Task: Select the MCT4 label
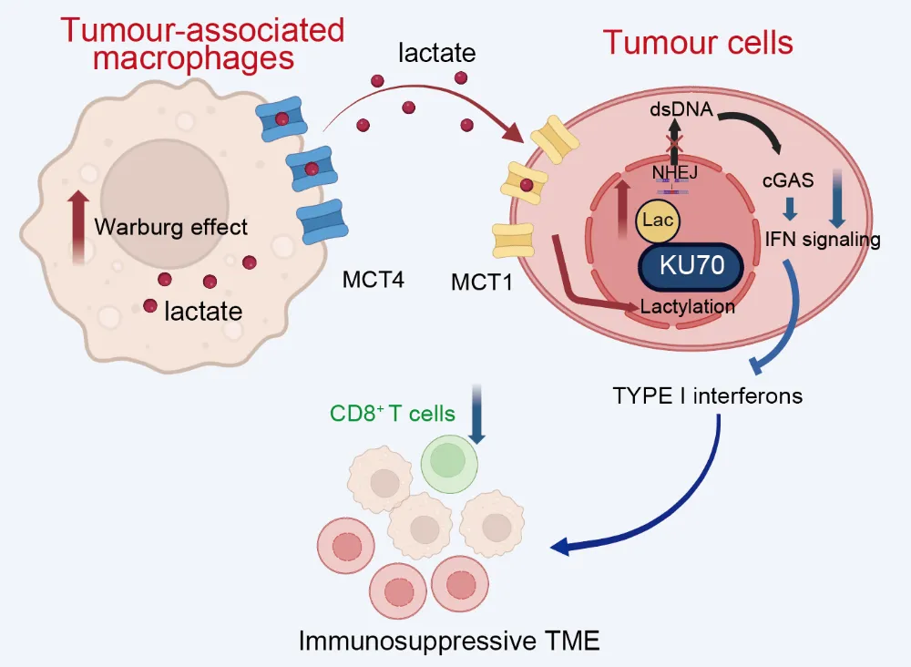[x=373, y=281]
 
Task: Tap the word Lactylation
[x=688, y=306]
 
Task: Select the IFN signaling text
[x=822, y=241]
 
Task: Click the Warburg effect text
[x=170, y=226]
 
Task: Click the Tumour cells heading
[x=699, y=43]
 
